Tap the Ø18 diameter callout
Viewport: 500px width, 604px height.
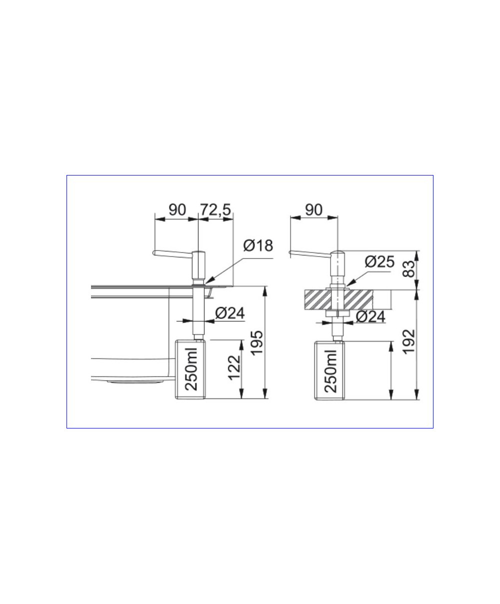(258, 245)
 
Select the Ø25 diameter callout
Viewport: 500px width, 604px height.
(379, 262)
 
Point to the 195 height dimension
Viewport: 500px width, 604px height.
(256, 342)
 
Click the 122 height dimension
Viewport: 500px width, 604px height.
(234, 367)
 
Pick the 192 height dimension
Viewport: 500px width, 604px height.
(409, 341)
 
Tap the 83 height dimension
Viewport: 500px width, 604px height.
(409, 269)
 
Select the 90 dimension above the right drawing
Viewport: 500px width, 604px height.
(313, 210)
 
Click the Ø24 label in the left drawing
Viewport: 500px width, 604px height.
(230, 313)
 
